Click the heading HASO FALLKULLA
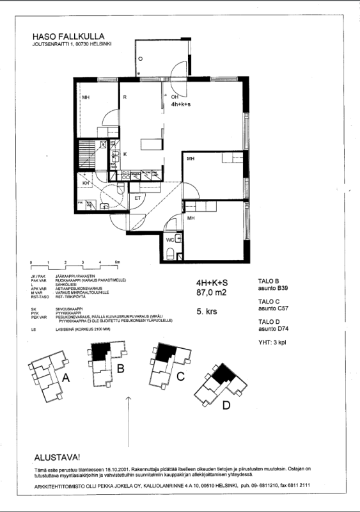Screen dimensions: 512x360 click(x=68, y=36)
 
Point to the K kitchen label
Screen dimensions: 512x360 click(x=125, y=155)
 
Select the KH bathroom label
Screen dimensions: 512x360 click(x=86, y=184)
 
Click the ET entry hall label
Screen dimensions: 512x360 click(x=137, y=198)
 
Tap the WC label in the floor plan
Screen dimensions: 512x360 click(x=169, y=239)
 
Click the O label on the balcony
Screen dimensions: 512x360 click(x=139, y=58)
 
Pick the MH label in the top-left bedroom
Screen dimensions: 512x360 click(x=85, y=99)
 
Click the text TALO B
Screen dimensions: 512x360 click(x=269, y=281)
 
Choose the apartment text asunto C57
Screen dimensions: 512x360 click(x=272, y=308)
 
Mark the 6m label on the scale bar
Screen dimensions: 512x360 click(x=117, y=263)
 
